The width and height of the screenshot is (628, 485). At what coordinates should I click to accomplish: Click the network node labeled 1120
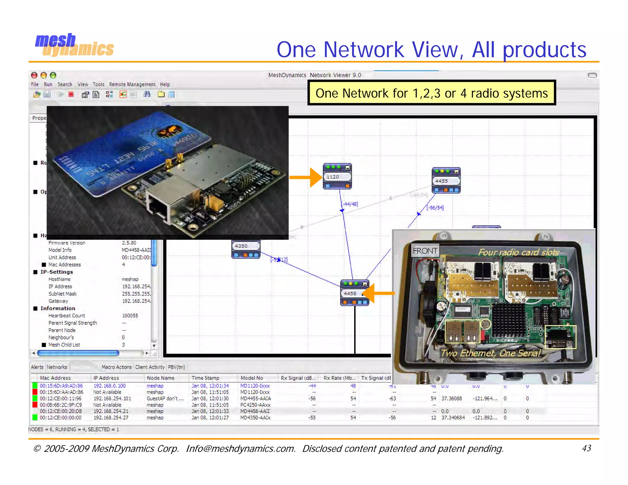tap(337, 177)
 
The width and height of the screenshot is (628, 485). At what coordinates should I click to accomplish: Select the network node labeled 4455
tap(446, 181)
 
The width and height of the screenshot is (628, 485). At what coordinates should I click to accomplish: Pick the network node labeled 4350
tap(246, 246)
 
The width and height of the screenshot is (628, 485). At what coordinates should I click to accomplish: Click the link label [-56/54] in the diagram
tap(435, 208)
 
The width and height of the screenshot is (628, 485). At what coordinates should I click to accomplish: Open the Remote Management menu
tap(132, 84)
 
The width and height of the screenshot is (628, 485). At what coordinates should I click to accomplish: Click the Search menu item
tap(65, 84)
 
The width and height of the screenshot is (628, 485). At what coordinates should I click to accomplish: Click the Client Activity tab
tap(150, 367)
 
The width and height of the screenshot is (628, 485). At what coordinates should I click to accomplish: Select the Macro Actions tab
tap(117, 367)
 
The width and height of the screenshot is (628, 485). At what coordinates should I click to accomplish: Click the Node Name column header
tap(160, 378)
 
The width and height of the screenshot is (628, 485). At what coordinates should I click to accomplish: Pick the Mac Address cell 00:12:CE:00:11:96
tap(60, 399)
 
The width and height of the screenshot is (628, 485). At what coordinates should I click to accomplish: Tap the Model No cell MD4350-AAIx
tap(255, 418)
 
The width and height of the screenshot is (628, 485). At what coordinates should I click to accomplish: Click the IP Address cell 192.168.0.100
tap(109, 386)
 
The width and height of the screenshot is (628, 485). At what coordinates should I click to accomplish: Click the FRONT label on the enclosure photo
tap(425, 251)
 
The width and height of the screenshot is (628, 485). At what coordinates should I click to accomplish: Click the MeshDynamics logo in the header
tap(75, 45)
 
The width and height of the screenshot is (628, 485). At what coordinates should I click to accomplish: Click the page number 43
tap(586, 448)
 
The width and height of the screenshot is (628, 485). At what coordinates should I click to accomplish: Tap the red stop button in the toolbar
tap(71, 94)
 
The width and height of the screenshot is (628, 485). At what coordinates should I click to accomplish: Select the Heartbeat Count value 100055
tap(130, 315)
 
